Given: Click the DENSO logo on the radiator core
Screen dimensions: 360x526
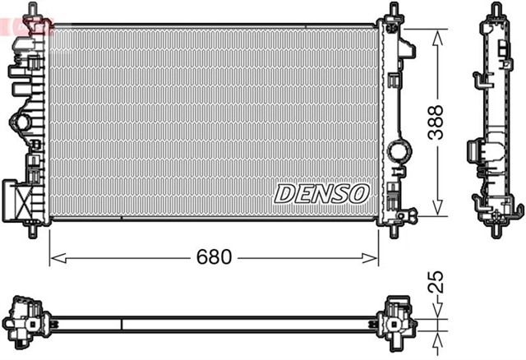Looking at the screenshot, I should click(x=321, y=194).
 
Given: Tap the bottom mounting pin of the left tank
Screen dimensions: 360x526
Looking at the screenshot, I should click(x=33, y=231).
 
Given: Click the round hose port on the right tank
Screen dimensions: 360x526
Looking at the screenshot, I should click(x=402, y=152).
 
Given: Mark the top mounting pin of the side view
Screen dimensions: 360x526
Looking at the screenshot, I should click(x=496, y=10).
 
